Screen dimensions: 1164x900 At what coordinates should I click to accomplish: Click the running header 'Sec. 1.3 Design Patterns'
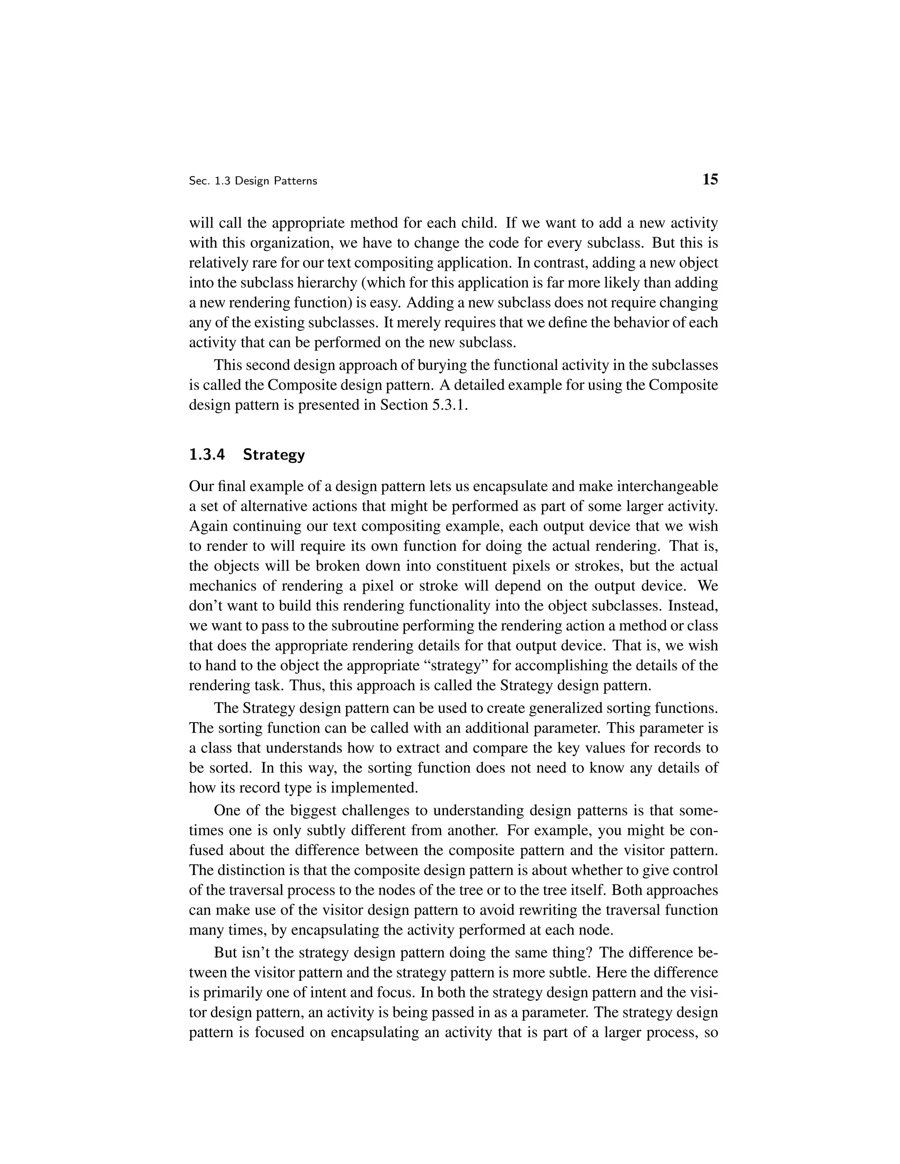point(253,181)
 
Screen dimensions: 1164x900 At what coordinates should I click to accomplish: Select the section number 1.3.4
point(207,455)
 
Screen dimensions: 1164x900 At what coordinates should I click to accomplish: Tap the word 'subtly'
point(326,830)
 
